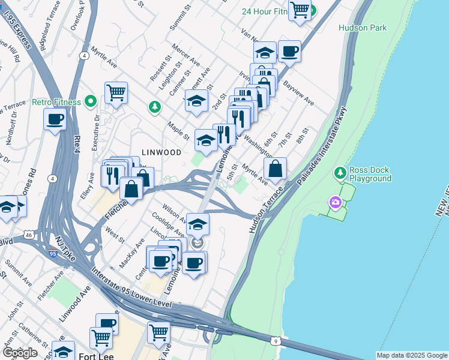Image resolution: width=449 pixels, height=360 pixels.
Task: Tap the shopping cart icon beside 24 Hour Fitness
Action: (x=300, y=10)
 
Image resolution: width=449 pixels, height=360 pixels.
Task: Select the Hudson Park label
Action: (x=362, y=28)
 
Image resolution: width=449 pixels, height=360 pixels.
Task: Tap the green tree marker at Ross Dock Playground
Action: (x=340, y=173)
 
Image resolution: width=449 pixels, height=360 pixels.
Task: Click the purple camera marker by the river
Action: (x=334, y=204)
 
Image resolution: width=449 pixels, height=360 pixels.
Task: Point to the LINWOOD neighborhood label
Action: (x=161, y=152)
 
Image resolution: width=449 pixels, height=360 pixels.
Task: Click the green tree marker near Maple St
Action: (x=155, y=107)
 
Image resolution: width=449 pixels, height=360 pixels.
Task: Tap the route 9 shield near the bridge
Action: (x=275, y=341)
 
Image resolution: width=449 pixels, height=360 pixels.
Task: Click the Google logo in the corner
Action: (x=19, y=353)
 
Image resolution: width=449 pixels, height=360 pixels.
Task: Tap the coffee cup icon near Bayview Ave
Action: (x=289, y=52)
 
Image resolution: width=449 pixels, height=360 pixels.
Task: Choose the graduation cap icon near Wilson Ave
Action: (x=197, y=224)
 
